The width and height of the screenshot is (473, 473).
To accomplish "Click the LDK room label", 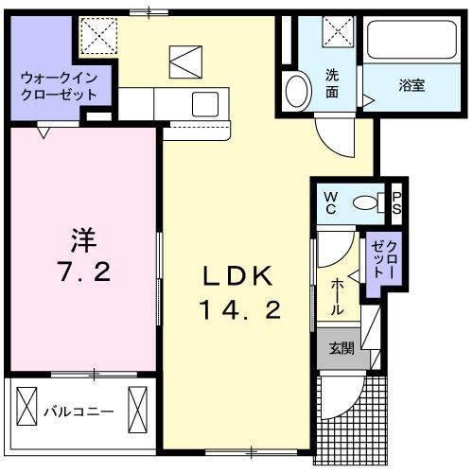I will pyautogui.click(x=238, y=277).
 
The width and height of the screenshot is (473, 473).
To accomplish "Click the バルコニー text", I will pyautogui.click(x=79, y=412).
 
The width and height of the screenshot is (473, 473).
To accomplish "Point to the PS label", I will pyautogui.click(x=397, y=201).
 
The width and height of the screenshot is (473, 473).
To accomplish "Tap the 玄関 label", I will pyautogui.click(x=342, y=349).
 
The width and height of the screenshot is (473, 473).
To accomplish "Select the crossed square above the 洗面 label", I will pyautogui.click(x=334, y=34).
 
